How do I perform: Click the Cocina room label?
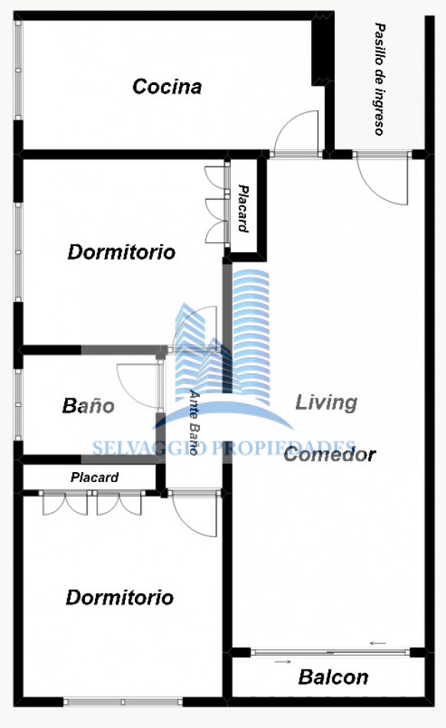click(x=167, y=87)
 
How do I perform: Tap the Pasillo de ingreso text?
click(x=379, y=79)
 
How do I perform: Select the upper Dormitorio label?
click(x=122, y=252)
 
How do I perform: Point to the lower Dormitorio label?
click(x=120, y=598)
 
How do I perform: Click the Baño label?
click(x=88, y=405)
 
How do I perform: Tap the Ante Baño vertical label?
click(x=195, y=421)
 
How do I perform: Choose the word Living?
click(x=326, y=402)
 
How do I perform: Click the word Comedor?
click(x=330, y=454)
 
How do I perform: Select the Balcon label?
click(x=333, y=677)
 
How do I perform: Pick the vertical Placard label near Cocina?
click(x=243, y=208)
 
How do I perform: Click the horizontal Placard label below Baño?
click(x=95, y=477)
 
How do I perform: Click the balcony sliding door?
click(x=330, y=652)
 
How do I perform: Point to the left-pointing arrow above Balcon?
click(x=378, y=643)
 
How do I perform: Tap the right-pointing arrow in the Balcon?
click(x=283, y=661)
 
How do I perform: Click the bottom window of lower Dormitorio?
click(x=123, y=702)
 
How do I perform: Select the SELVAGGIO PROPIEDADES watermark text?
click(x=224, y=448)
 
